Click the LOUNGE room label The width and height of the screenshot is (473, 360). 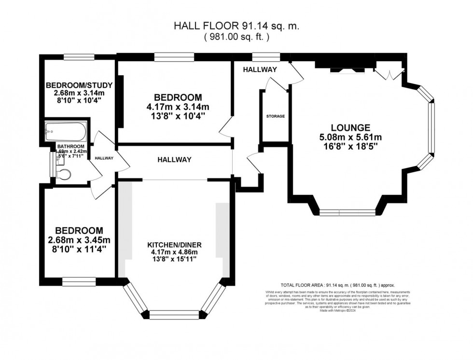pyautogui.click(x=350, y=128)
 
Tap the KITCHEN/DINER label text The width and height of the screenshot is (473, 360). pyautogui.click(x=173, y=245)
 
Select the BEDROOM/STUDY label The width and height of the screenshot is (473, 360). pyautogui.click(x=79, y=86)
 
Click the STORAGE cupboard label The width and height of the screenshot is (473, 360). pyautogui.click(x=276, y=116)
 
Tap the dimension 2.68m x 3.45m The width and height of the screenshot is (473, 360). pyautogui.click(x=79, y=240)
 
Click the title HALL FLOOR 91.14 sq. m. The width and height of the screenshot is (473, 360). pyautogui.click(x=236, y=26)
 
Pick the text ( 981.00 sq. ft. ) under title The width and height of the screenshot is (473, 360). pyautogui.click(x=236, y=36)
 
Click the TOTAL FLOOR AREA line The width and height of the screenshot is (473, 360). pyautogui.click(x=337, y=285)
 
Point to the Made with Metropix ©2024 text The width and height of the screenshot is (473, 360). pyautogui.click(x=337, y=310)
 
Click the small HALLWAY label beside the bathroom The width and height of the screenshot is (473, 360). pyautogui.click(x=104, y=158)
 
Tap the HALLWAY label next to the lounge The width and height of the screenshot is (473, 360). pyautogui.click(x=260, y=69)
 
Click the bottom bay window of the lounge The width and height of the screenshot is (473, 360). pyautogui.click(x=347, y=212)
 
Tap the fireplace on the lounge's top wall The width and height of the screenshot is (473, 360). pyautogui.click(x=346, y=67)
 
